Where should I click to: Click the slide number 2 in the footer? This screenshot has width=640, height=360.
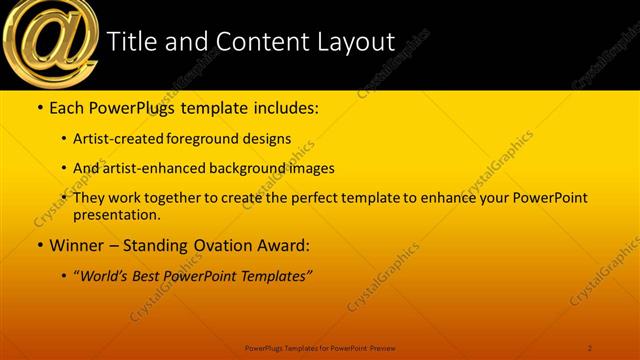pos(590,347)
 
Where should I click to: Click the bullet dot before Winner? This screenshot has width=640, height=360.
pos(39,245)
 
